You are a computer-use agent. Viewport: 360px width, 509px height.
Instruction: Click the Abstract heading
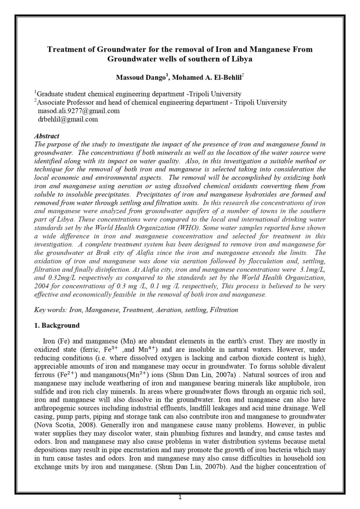tap(47, 136)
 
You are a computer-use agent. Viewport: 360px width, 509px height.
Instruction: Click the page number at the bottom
tap(180, 497)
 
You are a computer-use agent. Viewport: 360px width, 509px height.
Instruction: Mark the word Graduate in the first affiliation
tap(52, 94)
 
